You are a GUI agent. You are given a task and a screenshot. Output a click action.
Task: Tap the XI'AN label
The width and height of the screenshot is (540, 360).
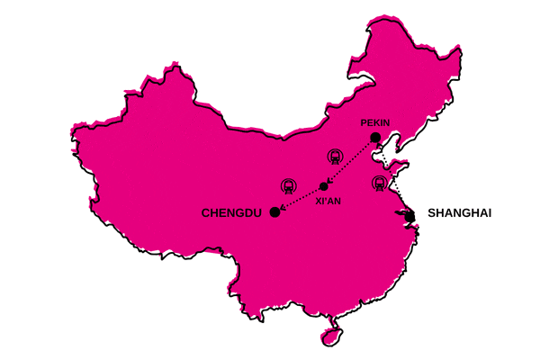pos(328,202)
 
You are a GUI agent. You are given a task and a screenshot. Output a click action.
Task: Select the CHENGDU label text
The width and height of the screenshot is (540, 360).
pos(231,213)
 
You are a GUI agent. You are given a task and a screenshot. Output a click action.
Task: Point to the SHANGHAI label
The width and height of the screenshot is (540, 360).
pos(460,213)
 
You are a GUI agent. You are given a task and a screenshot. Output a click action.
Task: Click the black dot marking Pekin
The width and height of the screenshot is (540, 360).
pos(375,138)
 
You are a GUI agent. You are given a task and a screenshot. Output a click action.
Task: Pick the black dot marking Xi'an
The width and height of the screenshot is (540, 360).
pos(324,186)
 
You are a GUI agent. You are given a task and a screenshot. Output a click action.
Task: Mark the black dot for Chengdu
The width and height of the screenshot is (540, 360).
pos(274,212)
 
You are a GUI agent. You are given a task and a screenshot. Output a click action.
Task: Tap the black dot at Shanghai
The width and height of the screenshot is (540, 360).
pos(409,216)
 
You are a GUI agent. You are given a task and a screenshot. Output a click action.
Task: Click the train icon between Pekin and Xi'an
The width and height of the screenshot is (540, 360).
pos(336,156)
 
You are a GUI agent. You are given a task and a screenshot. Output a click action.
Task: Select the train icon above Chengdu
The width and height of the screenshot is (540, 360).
pos(289,185)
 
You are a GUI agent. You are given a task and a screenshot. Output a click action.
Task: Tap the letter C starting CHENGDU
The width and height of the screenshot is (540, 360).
pos(206,213)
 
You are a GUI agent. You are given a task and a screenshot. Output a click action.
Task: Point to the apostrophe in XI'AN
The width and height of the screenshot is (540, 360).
pos(326,200)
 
